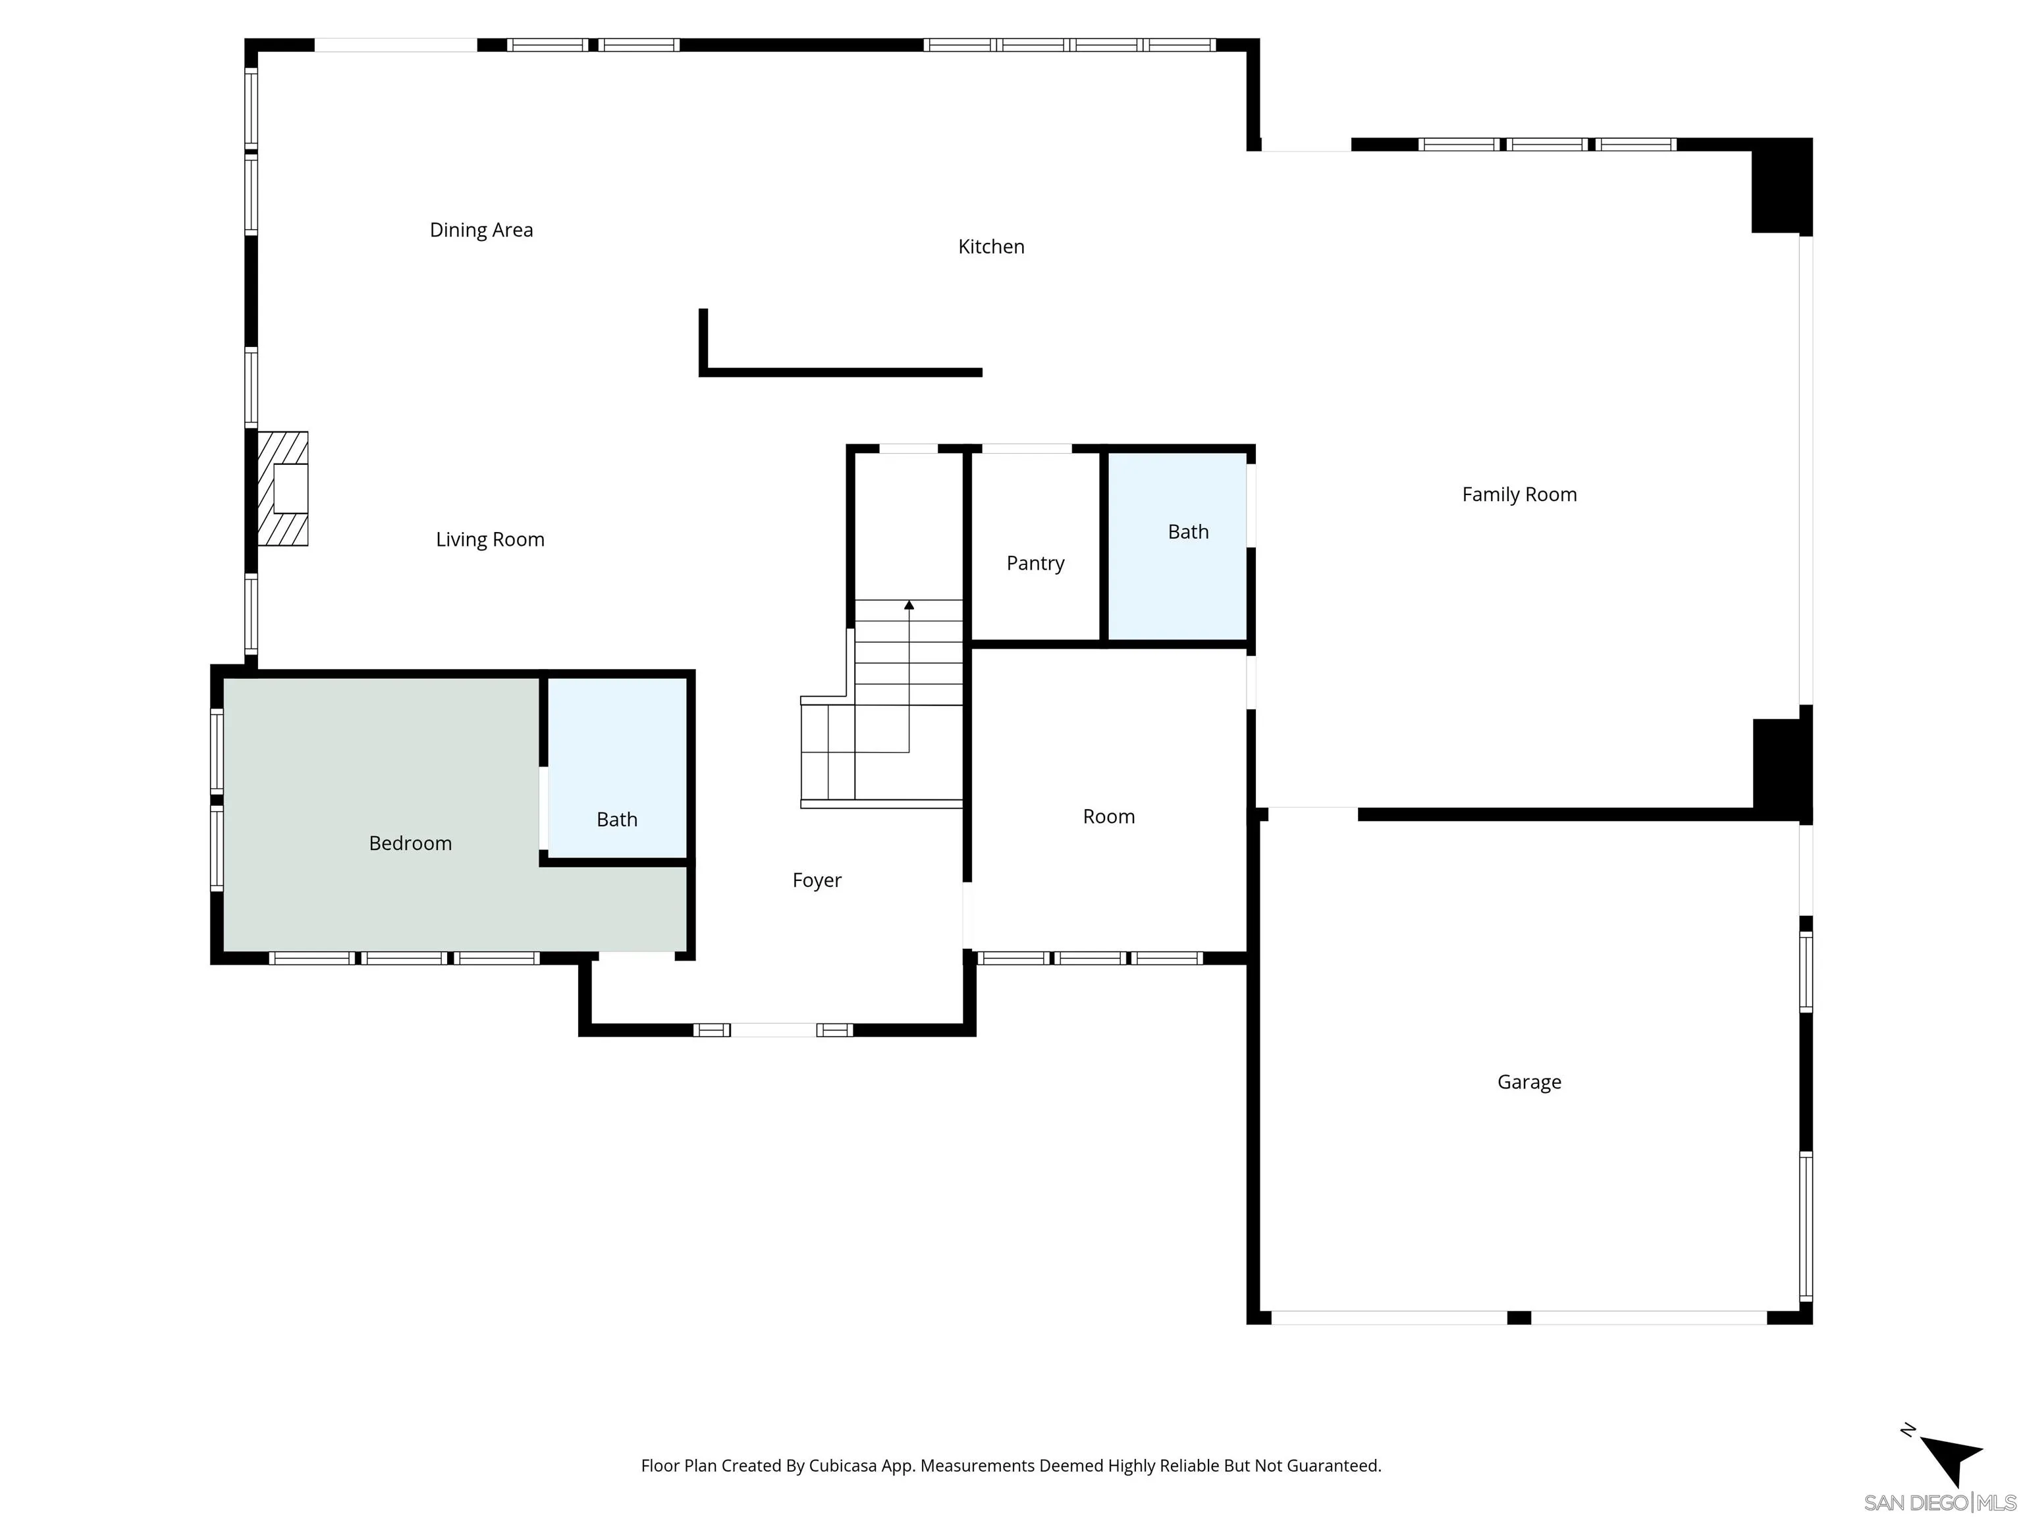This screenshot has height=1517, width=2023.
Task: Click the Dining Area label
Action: click(x=481, y=230)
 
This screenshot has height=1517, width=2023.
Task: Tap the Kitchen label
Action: click(x=990, y=247)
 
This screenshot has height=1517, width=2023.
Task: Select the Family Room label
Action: click(x=1519, y=494)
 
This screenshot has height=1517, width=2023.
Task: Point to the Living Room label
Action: click(x=489, y=539)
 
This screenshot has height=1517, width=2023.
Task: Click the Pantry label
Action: click(x=1035, y=563)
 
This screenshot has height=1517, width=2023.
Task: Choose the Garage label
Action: click(x=1528, y=1082)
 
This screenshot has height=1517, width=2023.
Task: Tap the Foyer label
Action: click(x=817, y=880)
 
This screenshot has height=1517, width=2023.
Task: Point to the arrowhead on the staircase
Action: click(x=909, y=604)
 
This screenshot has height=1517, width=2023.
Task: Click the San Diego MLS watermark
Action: click(x=1939, y=1503)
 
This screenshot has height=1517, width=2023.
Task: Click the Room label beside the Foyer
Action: click(x=1108, y=816)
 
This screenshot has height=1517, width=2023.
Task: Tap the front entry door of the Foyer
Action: click(x=773, y=1030)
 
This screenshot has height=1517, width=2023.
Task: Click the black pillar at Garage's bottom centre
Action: click(x=1518, y=1317)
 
